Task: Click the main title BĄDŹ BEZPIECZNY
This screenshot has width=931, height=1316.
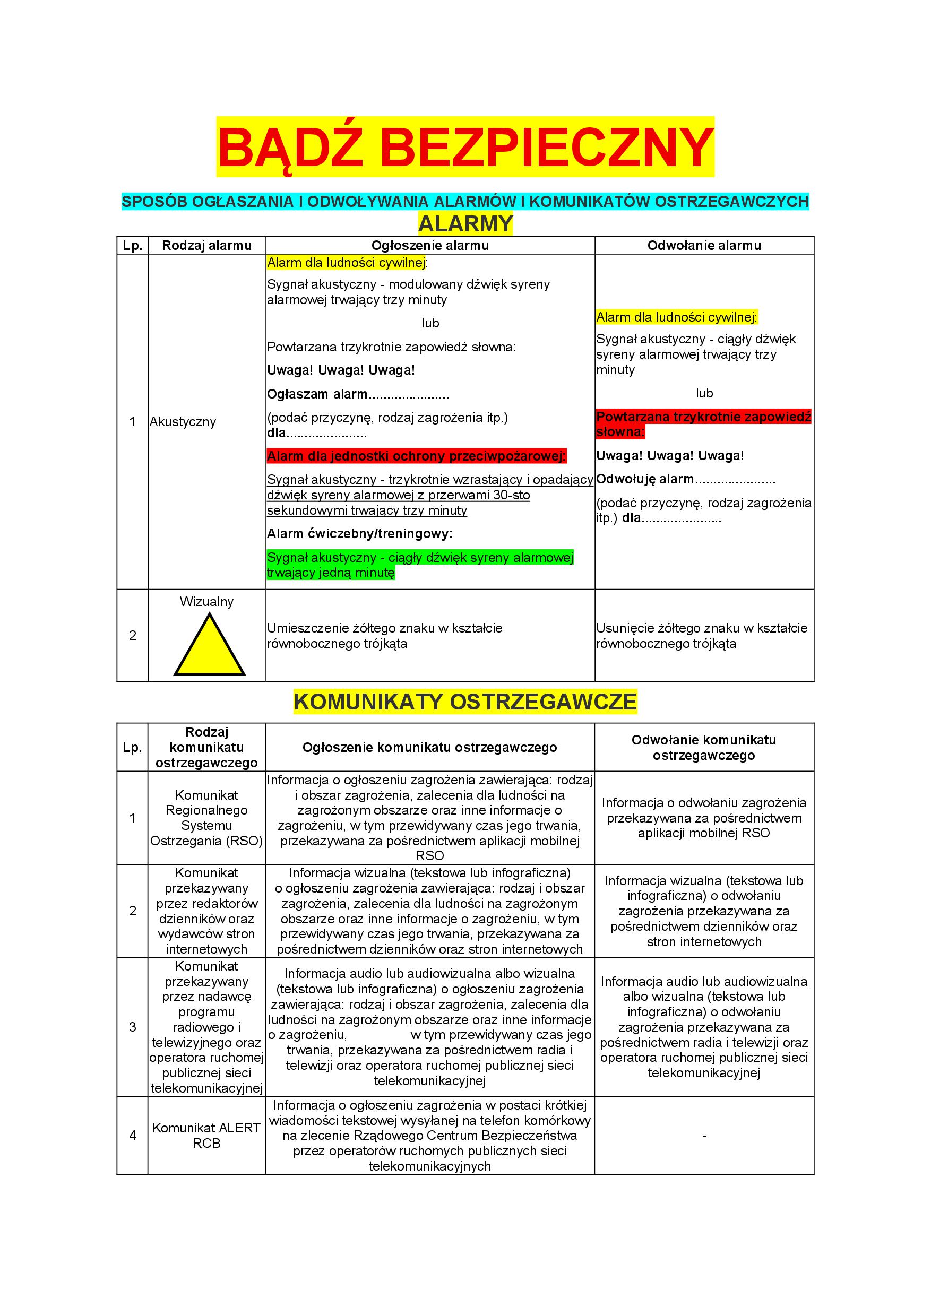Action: point(465,148)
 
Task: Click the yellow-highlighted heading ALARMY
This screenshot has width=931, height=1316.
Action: point(465,223)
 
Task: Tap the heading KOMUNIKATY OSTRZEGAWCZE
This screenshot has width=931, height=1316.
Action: point(465,702)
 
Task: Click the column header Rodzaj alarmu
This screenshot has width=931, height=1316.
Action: point(207,245)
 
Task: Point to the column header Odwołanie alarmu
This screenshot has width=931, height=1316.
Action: point(704,245)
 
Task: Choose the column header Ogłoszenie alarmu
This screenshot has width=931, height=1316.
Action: point(430,245)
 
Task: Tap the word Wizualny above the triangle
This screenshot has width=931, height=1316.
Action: point(207,602)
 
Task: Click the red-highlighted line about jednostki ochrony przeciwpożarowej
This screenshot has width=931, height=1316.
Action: point(417,456)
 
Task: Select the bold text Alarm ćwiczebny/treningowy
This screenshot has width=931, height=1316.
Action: point(359,534)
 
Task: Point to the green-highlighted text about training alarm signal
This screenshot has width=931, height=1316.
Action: point(420,565)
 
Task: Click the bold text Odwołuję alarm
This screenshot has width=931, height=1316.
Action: point(645,479)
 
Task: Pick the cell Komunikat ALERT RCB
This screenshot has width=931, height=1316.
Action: point(207,1136)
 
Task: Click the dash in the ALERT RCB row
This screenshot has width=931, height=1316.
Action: point(704,1136)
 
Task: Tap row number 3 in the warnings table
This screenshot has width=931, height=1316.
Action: point(132,1027)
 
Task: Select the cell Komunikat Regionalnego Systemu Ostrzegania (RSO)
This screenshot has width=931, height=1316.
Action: point(207,818)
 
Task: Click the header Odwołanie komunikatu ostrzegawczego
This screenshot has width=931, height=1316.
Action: point(704,748)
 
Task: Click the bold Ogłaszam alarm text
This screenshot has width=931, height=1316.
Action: point(317,394)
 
